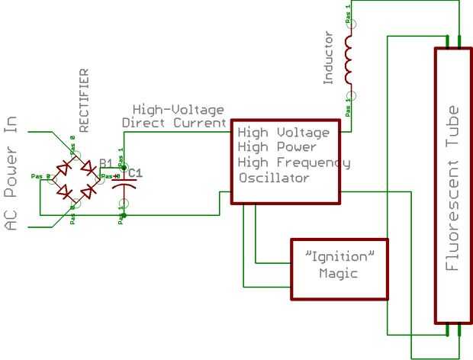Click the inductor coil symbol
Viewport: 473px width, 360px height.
click(349, 61)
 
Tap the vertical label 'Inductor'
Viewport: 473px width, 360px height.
click(330, 58)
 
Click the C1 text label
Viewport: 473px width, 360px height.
click(134, 173)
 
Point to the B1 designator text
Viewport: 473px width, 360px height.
click(105, 162)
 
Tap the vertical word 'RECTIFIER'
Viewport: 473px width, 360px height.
click(84, 101)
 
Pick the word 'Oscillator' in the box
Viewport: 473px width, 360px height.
click(273, 178)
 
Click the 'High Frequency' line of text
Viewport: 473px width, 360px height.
click(294, 162)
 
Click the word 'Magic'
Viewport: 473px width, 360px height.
click(338, 273)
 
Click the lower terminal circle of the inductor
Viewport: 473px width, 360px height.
click(350, 97)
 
